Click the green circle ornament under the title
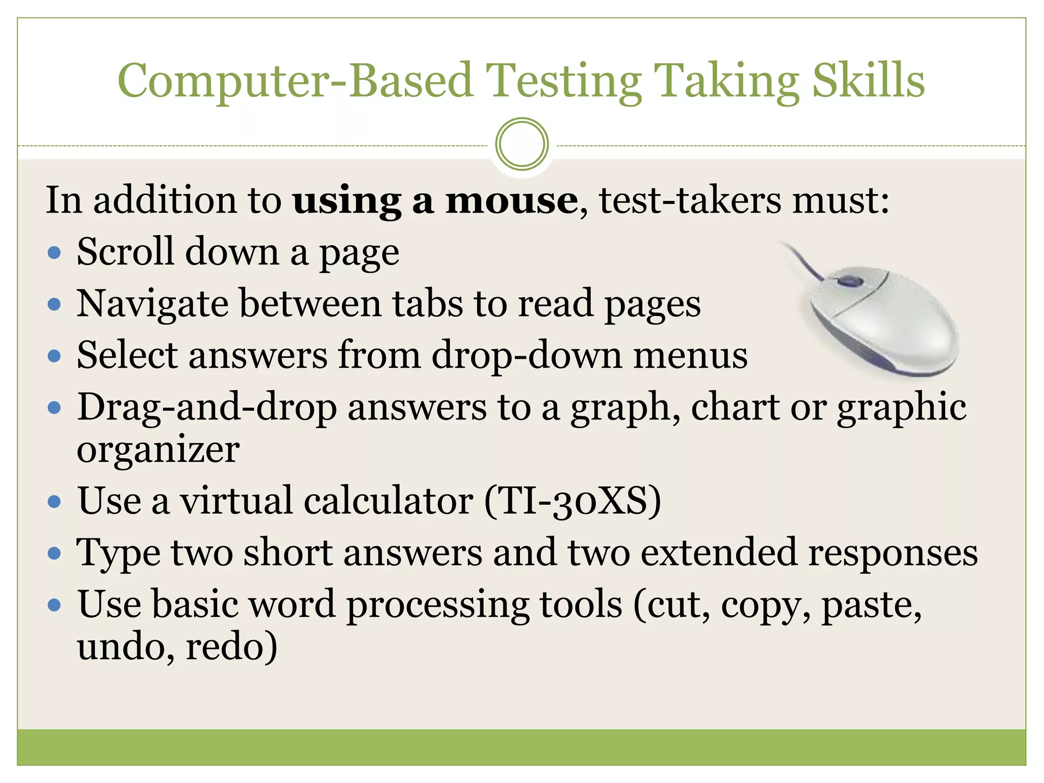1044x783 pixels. point(522,144)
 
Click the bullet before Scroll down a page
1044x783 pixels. point(54,252)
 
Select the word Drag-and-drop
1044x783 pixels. point(207,407)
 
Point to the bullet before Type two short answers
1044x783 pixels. point(54,553)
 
